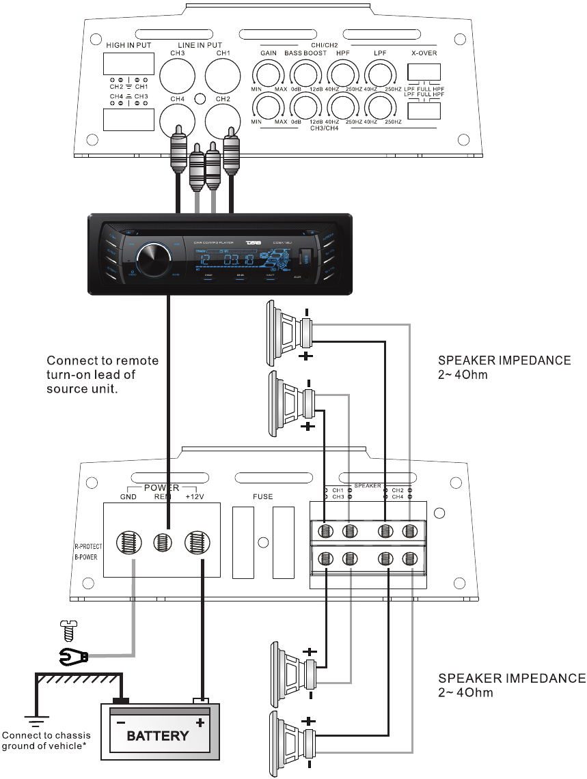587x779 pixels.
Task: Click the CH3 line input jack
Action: [x=178, y=76]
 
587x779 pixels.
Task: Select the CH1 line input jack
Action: [x=223, y=76]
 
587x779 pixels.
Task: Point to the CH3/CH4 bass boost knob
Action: [x=305, y=107]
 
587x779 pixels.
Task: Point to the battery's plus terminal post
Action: [x=201, y=700]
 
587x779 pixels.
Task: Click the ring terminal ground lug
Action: [x=73, y=658]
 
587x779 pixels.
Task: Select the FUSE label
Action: [x=262, y=497]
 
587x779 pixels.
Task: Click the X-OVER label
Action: [x=424, y=53]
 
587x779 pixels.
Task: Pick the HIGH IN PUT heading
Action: [x=129, y=45]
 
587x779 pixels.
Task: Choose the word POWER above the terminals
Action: [x=161, y=487]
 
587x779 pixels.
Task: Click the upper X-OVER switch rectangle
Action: [x=424, y=72]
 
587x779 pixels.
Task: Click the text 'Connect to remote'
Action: [x=103, y=360]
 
